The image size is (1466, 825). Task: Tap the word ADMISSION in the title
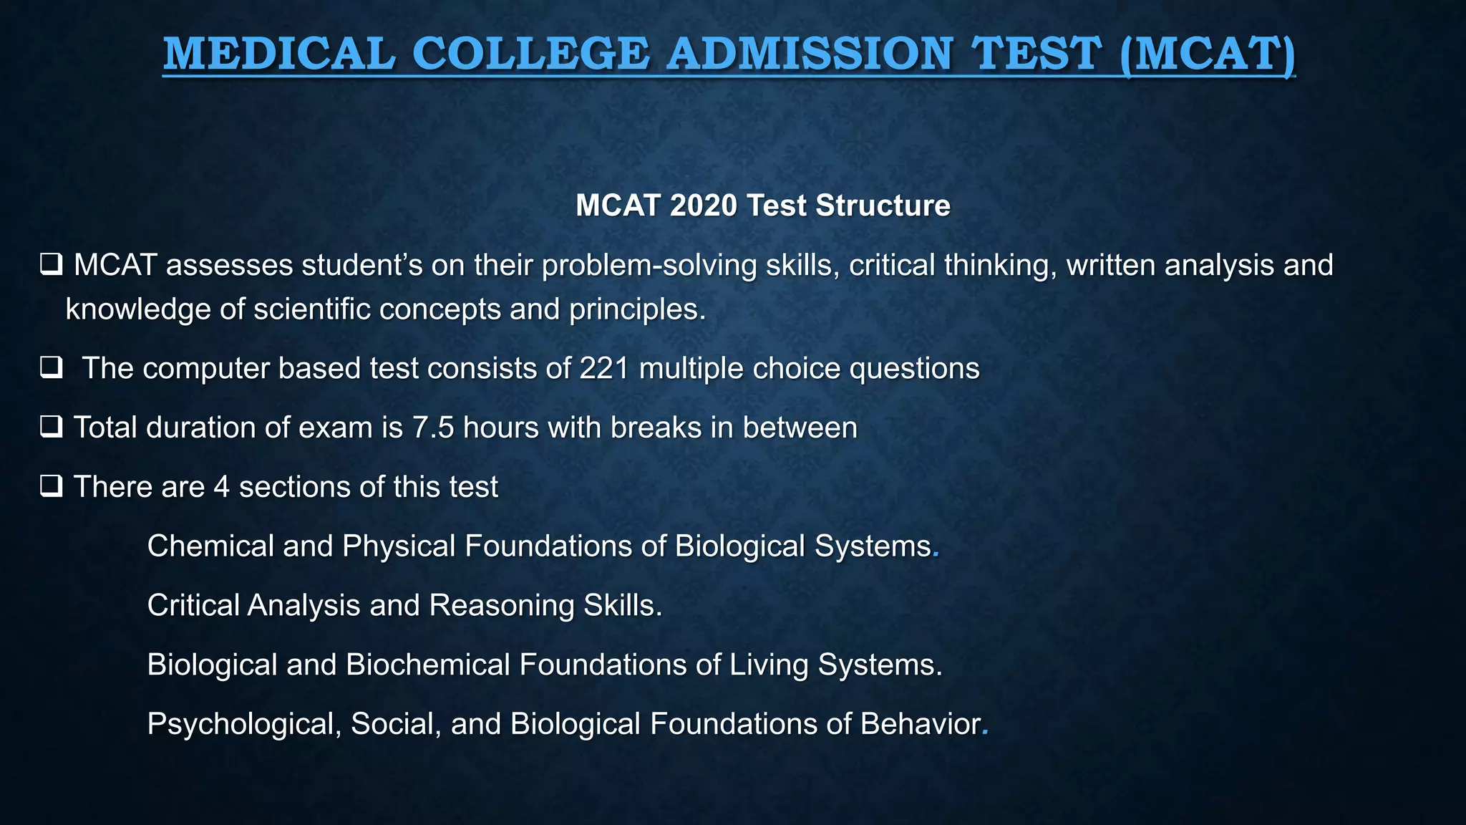(809, 54)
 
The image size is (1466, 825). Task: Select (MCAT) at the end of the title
(1207, 54)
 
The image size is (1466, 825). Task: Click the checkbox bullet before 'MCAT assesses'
(52, 265)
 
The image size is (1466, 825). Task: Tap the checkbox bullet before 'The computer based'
(52, 368)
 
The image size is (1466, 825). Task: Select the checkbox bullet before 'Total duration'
(52, 428)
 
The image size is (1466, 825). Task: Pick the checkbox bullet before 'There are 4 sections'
(52, 487)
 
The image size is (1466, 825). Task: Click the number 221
(604, 368)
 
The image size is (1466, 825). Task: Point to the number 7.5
(433, 428)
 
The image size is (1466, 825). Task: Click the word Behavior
(921, 724)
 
